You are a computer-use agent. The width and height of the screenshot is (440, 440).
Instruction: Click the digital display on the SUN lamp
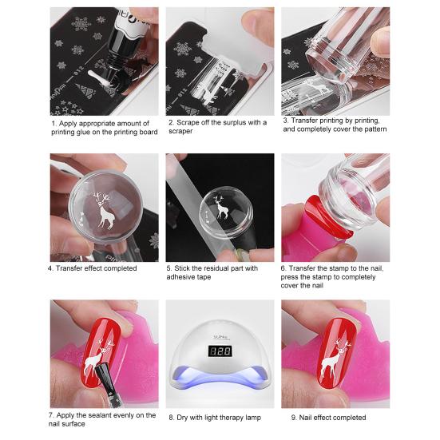point(219,351)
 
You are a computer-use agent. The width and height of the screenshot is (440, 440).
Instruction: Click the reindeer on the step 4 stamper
point(101,212)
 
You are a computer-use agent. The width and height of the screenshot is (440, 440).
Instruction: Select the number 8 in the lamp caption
point(170,418)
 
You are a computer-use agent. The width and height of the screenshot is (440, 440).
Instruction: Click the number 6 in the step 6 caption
point(284,268)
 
